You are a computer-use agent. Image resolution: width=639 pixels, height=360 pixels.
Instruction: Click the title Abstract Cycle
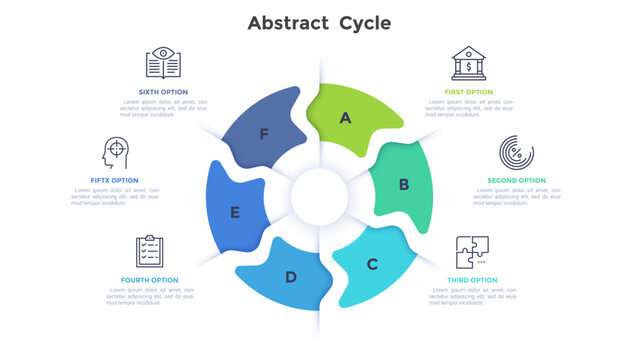point(319,22)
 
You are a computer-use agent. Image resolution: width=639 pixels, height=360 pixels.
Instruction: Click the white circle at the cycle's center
point(319,193)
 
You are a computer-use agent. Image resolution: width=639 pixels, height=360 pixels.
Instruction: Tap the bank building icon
point(468,64)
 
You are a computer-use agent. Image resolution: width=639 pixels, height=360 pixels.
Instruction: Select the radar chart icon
point(516,154)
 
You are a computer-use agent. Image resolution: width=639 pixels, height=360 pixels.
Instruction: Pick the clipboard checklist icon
point(150,251)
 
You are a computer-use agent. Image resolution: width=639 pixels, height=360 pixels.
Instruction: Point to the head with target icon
point(116,154)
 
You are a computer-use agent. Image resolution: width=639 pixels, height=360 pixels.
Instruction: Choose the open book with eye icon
point(163,64)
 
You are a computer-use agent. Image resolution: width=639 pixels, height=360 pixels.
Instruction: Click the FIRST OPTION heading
point(468,92)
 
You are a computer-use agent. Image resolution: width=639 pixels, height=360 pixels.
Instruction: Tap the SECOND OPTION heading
point(516,181)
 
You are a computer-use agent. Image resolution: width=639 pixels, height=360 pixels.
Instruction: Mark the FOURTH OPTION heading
point(150,280)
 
